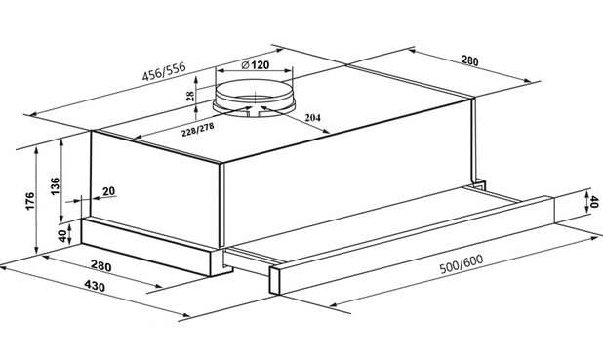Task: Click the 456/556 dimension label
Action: (164, 71)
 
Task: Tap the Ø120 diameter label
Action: (255, 65)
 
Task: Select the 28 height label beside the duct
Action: (189, 96)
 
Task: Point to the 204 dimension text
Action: (312, 118)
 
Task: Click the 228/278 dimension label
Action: (198, 130)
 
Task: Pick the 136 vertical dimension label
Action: (55, 186)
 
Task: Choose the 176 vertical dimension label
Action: (29, 201)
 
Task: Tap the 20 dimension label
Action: (109, 191)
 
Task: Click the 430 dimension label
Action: (95, 286)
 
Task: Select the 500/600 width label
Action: (462, 264)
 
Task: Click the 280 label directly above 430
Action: (101, 265)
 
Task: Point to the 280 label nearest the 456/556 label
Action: (470, 60)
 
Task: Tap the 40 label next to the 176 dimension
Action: (62, 236)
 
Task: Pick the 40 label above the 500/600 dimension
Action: (594, 202)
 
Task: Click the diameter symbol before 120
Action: (246, 65)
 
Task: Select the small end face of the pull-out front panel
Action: (274, 281)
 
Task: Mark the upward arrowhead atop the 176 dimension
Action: (36, 151)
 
